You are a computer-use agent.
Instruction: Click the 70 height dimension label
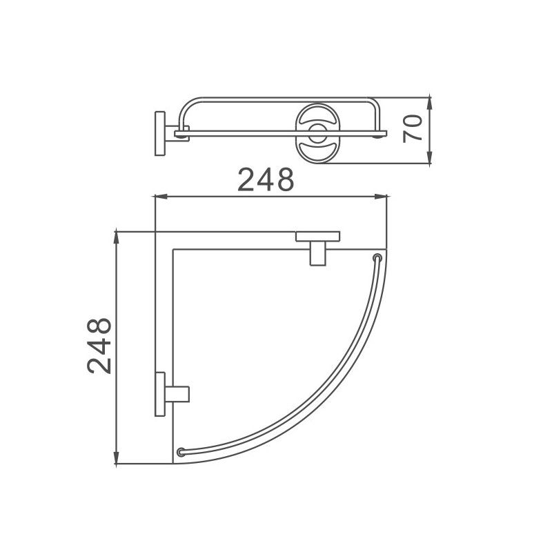[x=413, y=129]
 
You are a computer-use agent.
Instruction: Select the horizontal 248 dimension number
[x=266, y=180]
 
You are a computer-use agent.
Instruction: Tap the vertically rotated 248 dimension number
[x=100, y=346]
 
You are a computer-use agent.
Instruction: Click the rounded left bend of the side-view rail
[x=185, y=109]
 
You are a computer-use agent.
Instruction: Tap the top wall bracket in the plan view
[x=317, y=245]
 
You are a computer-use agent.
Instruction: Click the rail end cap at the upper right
[x=377, y=259]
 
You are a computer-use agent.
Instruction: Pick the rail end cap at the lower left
[x=181, y=452]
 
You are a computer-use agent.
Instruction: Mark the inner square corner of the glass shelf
[x=172, y=248]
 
